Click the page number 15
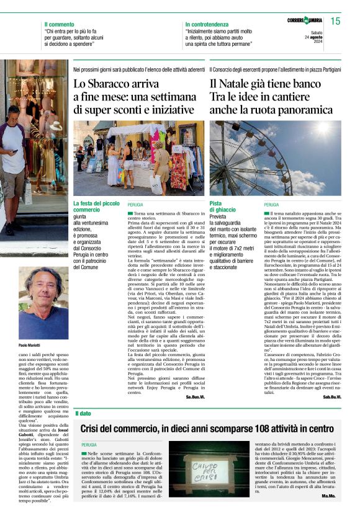click(335, 22)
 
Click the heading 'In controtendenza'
click(206, 24)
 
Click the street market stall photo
click(139, 158)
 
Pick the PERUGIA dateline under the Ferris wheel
click(272, 204)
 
